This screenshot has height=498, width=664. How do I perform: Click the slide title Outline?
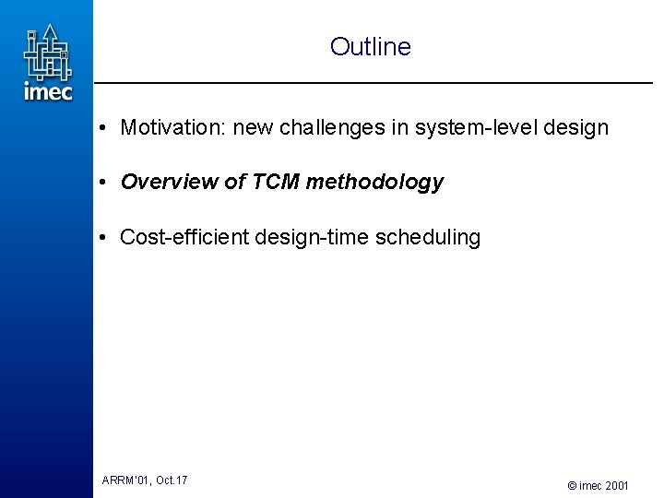coord(370,47)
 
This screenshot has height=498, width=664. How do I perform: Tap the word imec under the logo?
coord(48,91)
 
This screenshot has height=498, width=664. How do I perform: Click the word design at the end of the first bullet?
coord(576,127)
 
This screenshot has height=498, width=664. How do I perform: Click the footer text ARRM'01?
coord(125,480)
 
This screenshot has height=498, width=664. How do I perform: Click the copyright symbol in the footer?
coord(572,485)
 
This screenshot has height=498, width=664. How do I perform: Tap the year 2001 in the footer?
coord(617,485)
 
